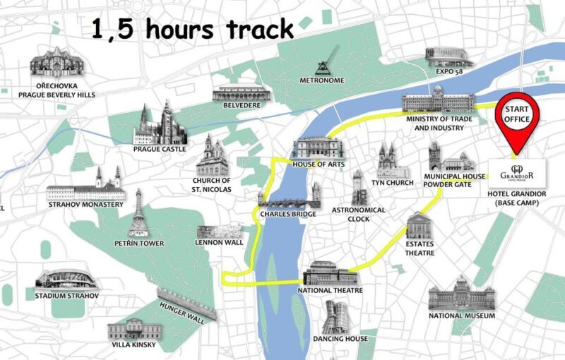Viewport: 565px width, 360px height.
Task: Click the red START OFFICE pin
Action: [518, 115]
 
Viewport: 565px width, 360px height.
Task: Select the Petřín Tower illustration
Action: [138, 213]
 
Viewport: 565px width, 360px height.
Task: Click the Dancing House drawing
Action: [338, 317]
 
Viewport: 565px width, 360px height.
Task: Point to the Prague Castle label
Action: [160, 149]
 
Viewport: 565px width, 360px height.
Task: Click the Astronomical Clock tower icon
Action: [359, 188]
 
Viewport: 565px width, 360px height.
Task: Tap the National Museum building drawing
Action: [462, 292]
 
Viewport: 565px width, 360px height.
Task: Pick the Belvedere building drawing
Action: [242, 93]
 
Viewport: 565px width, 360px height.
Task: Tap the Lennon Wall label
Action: [219, 243]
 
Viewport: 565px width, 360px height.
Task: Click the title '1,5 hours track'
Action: [193, 30]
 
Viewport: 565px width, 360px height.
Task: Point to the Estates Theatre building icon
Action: [419, 226]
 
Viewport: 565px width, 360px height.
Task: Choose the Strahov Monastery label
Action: [85, 205]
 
